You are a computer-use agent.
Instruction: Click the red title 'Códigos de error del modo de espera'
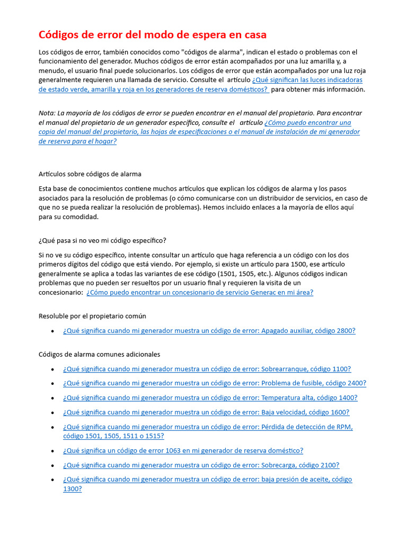point(153,35)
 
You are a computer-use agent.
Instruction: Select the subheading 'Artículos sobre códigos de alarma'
point(90,174)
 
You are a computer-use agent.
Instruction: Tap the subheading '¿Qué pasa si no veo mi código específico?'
point(102,240)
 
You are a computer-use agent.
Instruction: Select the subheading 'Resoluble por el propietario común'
point(92,316)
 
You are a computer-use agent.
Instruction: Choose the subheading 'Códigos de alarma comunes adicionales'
point(99,354)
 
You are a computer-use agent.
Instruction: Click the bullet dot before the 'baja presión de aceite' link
point(52,480)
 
